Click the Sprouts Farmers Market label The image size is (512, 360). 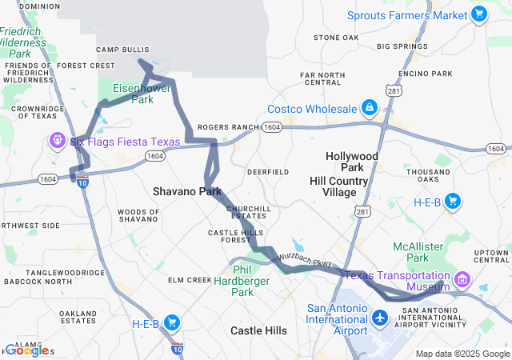click(407, 15)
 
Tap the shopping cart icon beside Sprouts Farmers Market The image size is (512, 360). click(478, 14)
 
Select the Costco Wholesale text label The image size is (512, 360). click(313, 109)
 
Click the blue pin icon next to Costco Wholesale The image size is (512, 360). click(370, 107)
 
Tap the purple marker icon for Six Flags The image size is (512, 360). click(58, 142)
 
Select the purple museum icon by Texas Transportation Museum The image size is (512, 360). click(462, 280)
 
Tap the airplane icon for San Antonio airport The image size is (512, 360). click(380, 318)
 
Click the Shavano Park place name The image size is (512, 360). click(187, 192)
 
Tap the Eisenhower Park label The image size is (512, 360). click(133, 94)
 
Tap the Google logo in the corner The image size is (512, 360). click(27, 350)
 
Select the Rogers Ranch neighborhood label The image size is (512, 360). click(228, 127)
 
